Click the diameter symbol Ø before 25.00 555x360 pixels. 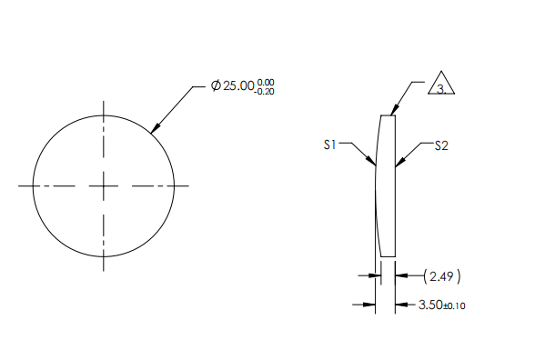(x=216, y=85)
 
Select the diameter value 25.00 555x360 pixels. (x=238, y=85)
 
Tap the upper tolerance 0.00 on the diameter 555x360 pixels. (x=266, y=82)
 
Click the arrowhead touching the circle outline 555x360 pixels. (x=155, y=128)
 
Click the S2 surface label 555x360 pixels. (x=441, y=145)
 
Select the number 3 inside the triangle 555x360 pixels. (x=440, y=88)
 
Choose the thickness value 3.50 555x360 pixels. (x=429, y=305)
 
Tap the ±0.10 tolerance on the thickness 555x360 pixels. (x=454, y=306)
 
